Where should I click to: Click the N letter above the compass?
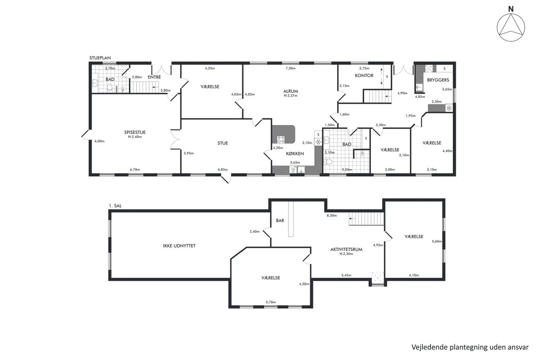(510, 9)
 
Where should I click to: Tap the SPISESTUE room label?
(135, 132)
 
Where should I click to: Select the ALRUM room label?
(291, 91)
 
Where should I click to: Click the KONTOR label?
(364, 76)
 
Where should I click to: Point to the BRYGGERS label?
(438, 80)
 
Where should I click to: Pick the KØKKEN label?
(295, 154)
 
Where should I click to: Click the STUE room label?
(222, 143)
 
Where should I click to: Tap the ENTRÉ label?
(154, 77)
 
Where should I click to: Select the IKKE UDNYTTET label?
(179, 246)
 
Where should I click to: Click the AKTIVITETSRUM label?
(346, 249)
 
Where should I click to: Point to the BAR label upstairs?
(280, 220)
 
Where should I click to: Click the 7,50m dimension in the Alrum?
(291, 68)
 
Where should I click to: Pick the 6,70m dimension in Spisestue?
(135, 170)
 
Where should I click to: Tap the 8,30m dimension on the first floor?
(332, 216)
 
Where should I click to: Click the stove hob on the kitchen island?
(281, 139)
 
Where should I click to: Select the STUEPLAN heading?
(100, 58)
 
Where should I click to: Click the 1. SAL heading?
(115, 206)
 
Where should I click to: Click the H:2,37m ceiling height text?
(291, 95)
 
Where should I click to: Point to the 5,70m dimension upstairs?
(271, 302)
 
